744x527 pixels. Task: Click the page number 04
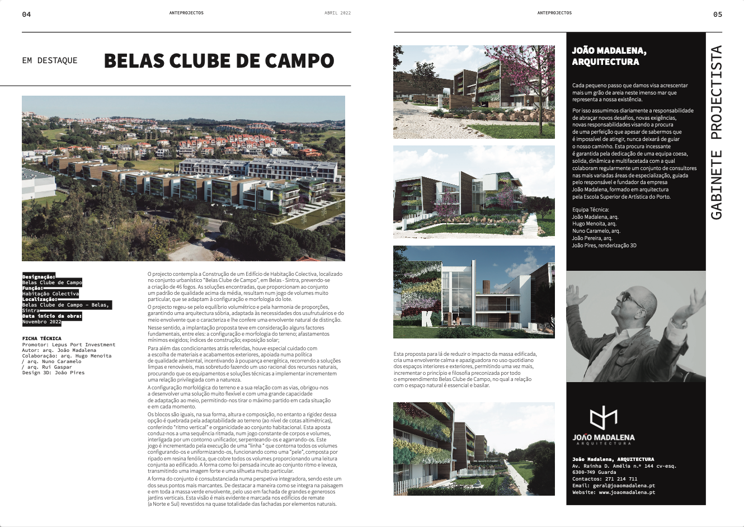pos(26,15)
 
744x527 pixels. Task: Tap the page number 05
pos(718,15)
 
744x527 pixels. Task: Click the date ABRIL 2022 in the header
pos(337,13)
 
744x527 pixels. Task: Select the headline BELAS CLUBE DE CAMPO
pos(219,60)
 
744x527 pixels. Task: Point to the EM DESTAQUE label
pos(50,60)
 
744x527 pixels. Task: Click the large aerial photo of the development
pos(183,178)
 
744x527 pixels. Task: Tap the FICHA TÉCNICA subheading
pos(42,338)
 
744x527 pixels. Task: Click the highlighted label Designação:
pos(39,277)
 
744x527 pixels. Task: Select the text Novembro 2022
pos(42,322)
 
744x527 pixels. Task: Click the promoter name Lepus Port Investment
pos(84,345)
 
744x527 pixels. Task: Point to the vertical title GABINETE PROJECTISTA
pos(716,132)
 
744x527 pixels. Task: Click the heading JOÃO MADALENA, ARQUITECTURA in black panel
pos(609,56)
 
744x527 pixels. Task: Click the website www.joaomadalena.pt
pos(627,492)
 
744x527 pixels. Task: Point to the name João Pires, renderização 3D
pos(604,245)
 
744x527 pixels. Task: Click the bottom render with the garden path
pos(474,449)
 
